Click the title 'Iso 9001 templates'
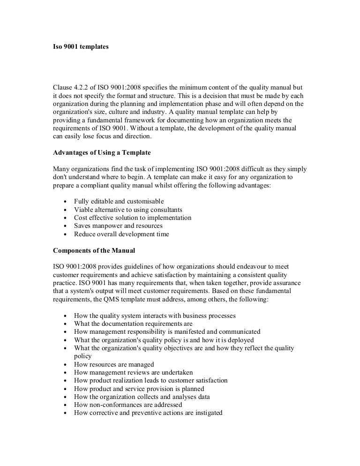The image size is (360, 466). [x=80, y=47]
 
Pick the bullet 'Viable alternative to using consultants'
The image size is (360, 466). [x=128, y=210]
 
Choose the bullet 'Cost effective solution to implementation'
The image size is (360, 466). [x=133, y=218]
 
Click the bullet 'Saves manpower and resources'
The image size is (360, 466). [x=118, y=225]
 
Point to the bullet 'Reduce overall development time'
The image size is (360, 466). [x=121, y=234]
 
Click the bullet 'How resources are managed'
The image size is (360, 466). [x=114, y=364]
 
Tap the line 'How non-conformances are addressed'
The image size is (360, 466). [x=128, y=405]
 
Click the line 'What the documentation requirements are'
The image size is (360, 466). [x=133, y=323]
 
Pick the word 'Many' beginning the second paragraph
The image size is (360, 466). [x=61, y=168]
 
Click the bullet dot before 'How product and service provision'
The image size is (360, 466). [x=64, y=389]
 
